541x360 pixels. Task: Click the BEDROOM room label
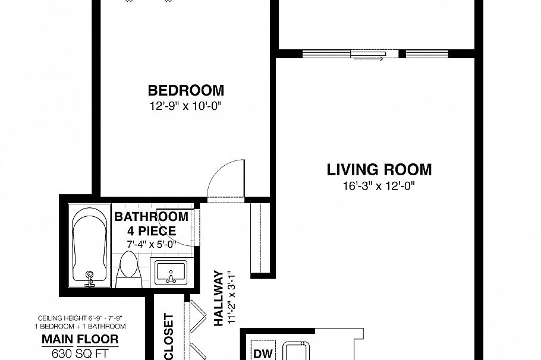pos(186,91)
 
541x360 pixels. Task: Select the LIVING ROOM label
pos(379,170)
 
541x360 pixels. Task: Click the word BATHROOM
pos(151,217)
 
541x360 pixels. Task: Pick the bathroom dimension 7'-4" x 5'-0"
pos(151,244)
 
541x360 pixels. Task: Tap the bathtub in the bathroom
pos(89,247)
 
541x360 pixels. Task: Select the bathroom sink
pos(171,273)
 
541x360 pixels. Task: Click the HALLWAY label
pos(218,298)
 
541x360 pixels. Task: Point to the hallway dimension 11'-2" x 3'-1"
pos(232,295)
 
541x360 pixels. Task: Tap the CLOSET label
pos(168,336)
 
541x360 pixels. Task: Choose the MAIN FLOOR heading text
pos(80,340)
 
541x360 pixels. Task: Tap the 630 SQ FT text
pos(80,355)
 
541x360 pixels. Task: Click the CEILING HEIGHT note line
pos(82,318)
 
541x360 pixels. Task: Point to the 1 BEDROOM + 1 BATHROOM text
pos(82,326)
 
